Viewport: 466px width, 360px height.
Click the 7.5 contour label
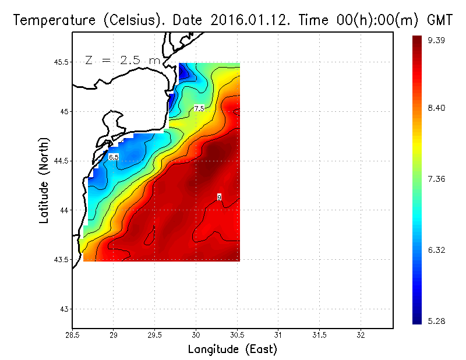(199, 108)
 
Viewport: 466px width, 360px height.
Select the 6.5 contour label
(114, 157)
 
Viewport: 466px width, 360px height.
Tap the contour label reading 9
(219, 197)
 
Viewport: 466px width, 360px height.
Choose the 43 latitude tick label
(65, 309)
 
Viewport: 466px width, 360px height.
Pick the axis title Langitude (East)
(232, 350)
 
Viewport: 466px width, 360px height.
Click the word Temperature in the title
(48, 20)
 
